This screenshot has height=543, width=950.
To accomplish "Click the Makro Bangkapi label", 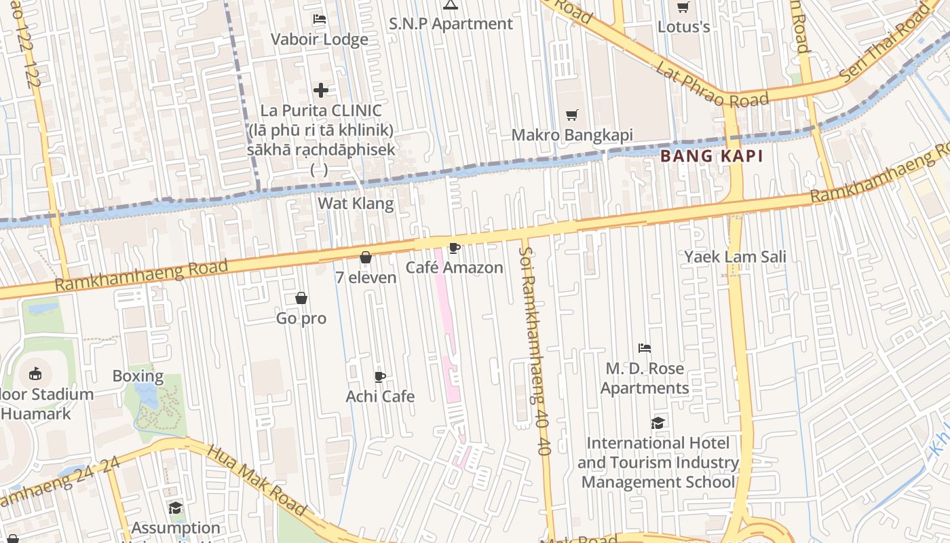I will (x=571, y=135).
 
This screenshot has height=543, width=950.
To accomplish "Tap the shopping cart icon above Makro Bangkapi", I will (x=572, y=115).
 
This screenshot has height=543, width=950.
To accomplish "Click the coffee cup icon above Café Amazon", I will (x=454, y=248).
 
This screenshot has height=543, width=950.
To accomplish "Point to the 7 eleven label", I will (x=366, y=277).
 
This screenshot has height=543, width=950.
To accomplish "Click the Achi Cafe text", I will (x=380, y=396).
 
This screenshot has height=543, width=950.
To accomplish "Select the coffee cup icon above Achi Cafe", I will (x=380, y=377).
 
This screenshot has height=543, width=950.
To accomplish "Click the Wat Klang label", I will (x=356, y=203).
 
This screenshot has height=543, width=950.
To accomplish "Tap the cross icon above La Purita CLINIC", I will (x=321, y=90).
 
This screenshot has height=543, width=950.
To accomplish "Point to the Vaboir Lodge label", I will (x=320, y=39).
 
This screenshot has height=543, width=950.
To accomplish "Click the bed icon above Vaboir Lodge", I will (x=320, y=19).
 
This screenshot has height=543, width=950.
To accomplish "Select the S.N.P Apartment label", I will (x=451, y=24).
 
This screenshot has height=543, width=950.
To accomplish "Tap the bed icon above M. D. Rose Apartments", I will (x=645, y=348).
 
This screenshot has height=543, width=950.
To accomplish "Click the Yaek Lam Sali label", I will (x=735, y=257).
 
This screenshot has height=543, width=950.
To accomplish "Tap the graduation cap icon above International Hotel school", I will (x=658, y=423).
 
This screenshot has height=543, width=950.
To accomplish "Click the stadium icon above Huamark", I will (x=35, y=373).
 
